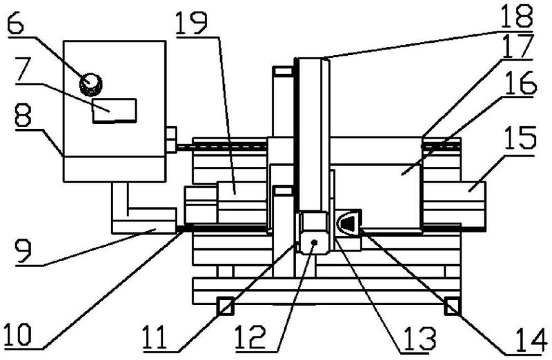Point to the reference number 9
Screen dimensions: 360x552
click(x=16, y=252)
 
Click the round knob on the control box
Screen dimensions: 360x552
click(x=90, y=83)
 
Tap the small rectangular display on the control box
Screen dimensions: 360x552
click(x=114, y=110)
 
